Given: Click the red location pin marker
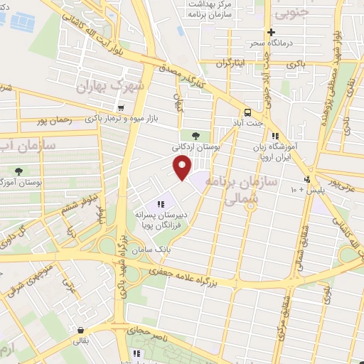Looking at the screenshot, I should click(183, 168).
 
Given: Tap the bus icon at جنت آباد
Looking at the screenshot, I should click(247, 112).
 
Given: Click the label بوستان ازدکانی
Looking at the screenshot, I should click(196, 146).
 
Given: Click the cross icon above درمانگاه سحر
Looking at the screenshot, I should click(270, 32).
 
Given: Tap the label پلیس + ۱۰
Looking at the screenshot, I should click(306, 190).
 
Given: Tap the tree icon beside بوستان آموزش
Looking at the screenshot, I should click(19, 171).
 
